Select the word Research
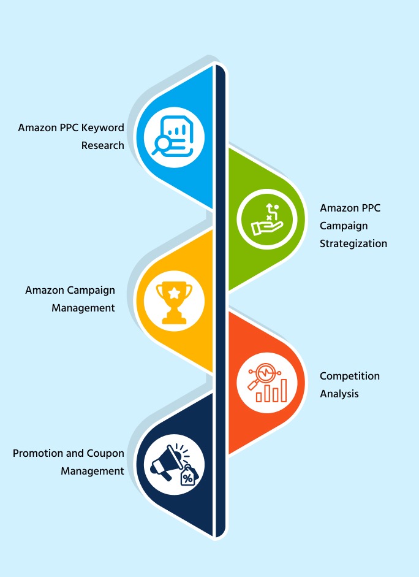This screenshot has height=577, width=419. pos(103,146)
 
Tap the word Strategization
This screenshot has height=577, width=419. pos(353,243)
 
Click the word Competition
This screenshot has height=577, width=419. pos(350,376)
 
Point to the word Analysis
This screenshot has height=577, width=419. pos(339,394)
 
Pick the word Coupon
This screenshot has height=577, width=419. pos(104,454)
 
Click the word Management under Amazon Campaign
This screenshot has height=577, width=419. pos(83,308)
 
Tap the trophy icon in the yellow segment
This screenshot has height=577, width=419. pos(174,302)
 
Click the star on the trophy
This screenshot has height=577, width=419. pos(174,294)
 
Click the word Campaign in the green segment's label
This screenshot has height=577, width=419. pos(344,226)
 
